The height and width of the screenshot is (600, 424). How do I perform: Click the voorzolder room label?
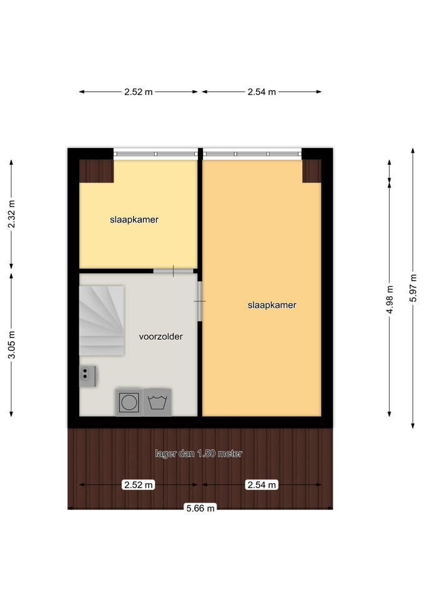(160, 336)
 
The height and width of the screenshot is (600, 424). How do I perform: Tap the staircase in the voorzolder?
(101, 321)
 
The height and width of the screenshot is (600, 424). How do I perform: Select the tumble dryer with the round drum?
(129, 402)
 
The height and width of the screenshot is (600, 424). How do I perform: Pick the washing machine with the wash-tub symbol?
(157, 402)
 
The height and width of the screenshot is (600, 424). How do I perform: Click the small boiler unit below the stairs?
(87, 376)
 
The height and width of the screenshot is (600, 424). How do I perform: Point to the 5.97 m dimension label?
(413, 287)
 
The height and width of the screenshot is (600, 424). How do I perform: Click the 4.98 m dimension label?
(390, 299)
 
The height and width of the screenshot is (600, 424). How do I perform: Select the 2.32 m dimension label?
(11, 214)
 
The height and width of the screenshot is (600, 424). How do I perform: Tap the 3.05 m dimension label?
(11, 345)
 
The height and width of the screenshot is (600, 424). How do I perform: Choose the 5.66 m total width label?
(200, 508)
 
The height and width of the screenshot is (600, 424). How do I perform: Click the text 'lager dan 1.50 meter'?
(199, 454)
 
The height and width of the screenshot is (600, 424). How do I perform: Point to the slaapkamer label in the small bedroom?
(134, 219)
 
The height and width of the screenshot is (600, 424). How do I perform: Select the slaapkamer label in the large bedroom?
(272, 305)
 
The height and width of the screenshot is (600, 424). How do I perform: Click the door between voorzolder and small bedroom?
(173, 271)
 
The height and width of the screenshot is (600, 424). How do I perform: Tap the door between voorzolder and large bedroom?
(200, 301)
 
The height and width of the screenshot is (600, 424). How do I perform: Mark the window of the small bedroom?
(155, 154)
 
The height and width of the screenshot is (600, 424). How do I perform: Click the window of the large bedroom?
(252, 154)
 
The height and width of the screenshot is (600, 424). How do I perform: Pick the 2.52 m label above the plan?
(139, 92)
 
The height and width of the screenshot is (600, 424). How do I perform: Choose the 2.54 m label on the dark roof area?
(262, 485)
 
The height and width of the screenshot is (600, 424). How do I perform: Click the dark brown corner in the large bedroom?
(312, 171)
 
